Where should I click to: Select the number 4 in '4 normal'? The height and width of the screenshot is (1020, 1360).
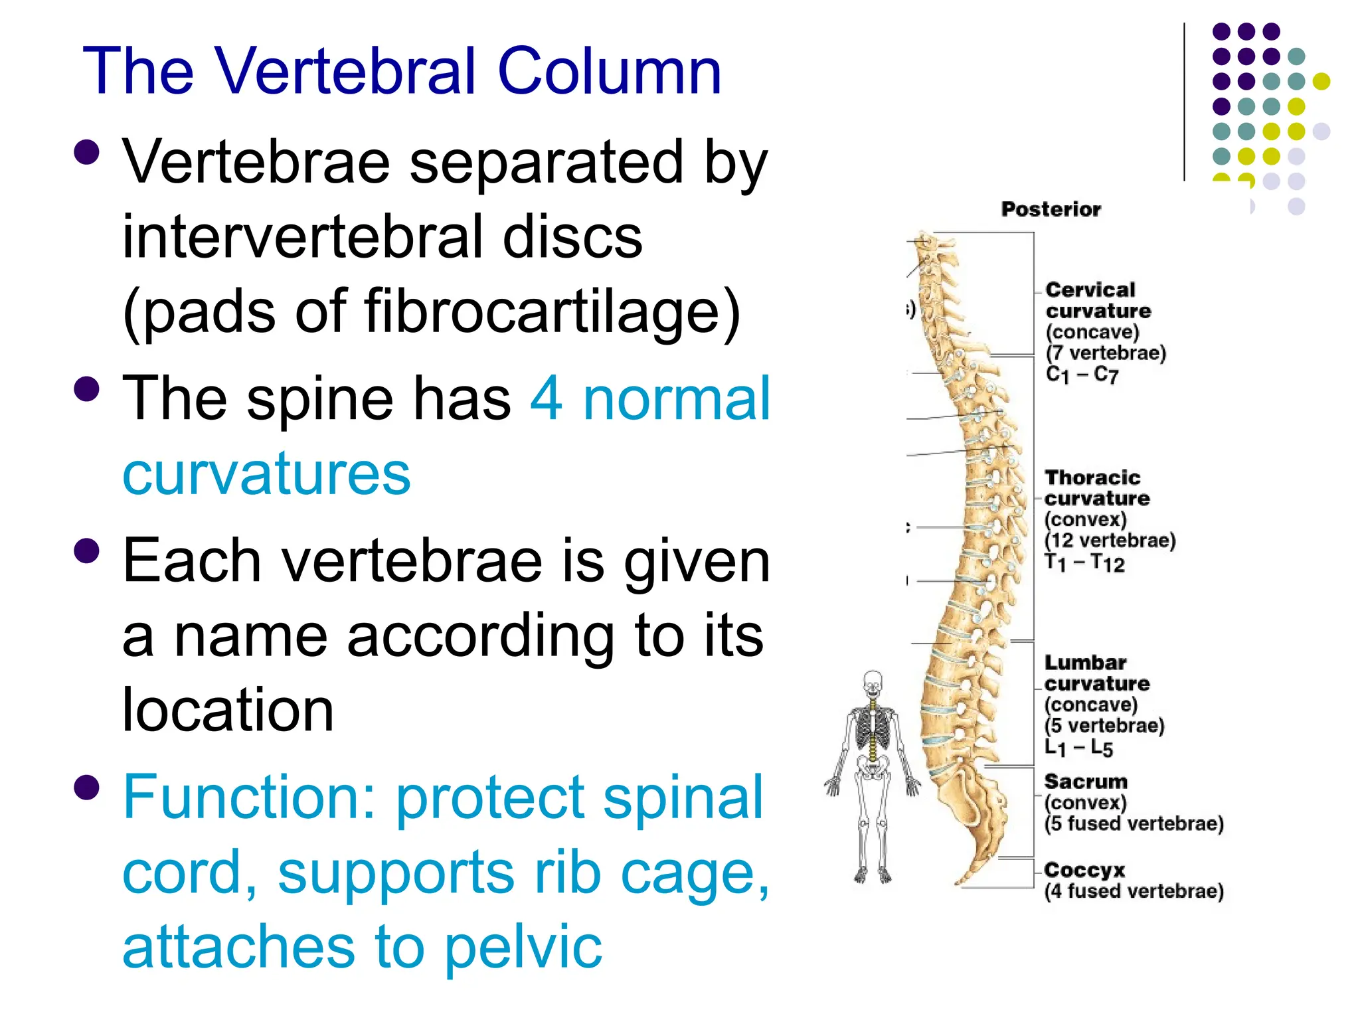(x=547, y=398)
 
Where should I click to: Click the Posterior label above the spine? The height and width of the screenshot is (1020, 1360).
(x=1051, y=209)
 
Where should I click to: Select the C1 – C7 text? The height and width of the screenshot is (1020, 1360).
(x=1082, y=375)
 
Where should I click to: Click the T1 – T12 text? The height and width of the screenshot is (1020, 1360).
(x=1084, y=563)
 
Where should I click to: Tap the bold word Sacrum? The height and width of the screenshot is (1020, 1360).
(x=1085, y=782)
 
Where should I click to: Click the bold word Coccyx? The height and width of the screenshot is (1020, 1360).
(x=1084, y=870)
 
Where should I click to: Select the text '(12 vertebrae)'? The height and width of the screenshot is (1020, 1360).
(x=1110, y=541)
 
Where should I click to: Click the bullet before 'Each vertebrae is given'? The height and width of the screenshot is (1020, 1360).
(x=87, y=551)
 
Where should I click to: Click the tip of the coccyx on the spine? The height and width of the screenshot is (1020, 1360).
(x=959, y=882)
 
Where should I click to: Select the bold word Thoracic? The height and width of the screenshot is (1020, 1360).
(x=1092, y=477)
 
